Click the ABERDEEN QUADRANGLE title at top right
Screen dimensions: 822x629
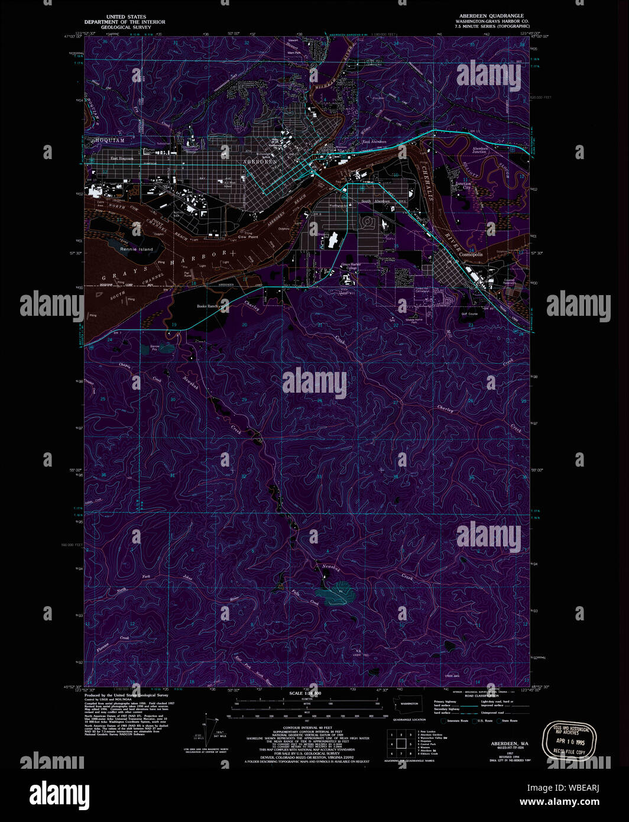(491, 16)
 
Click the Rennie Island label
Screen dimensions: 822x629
(137, 250)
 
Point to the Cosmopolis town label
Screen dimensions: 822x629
(471, 254)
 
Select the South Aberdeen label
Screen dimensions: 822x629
(375, 202)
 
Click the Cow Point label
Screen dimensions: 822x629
(248, 237)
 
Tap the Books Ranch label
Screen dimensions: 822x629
(208, 306)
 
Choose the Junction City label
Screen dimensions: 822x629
(463, 185)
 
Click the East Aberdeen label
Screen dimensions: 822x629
(374, 142)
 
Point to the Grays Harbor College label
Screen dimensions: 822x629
(351, 266)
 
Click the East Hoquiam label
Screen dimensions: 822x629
(122, 158)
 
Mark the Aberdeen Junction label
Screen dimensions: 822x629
(479, 150)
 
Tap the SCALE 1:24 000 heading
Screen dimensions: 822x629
(305, 693)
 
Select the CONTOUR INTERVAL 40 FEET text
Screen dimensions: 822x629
(307, 728)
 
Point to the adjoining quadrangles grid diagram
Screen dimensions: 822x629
(400, 743)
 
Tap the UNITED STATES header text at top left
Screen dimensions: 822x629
(125, 17)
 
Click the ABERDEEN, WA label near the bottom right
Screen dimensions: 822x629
(509, 743)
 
